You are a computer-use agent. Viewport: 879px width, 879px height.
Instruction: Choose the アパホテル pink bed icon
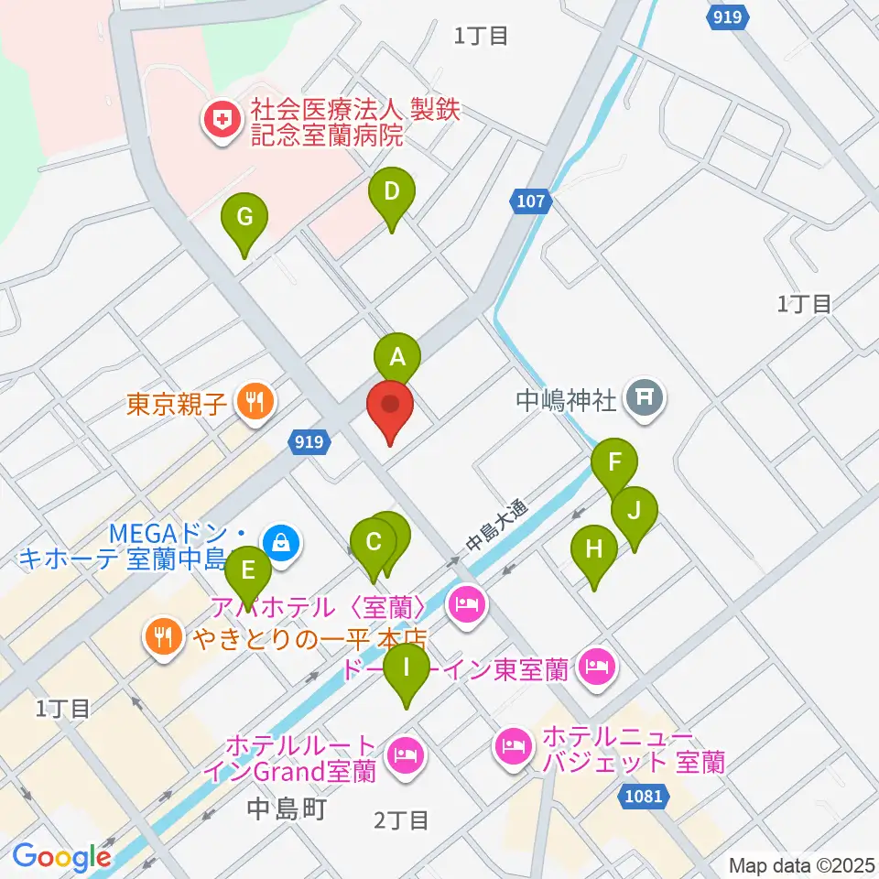467,604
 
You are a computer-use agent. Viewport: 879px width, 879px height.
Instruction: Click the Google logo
61,857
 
